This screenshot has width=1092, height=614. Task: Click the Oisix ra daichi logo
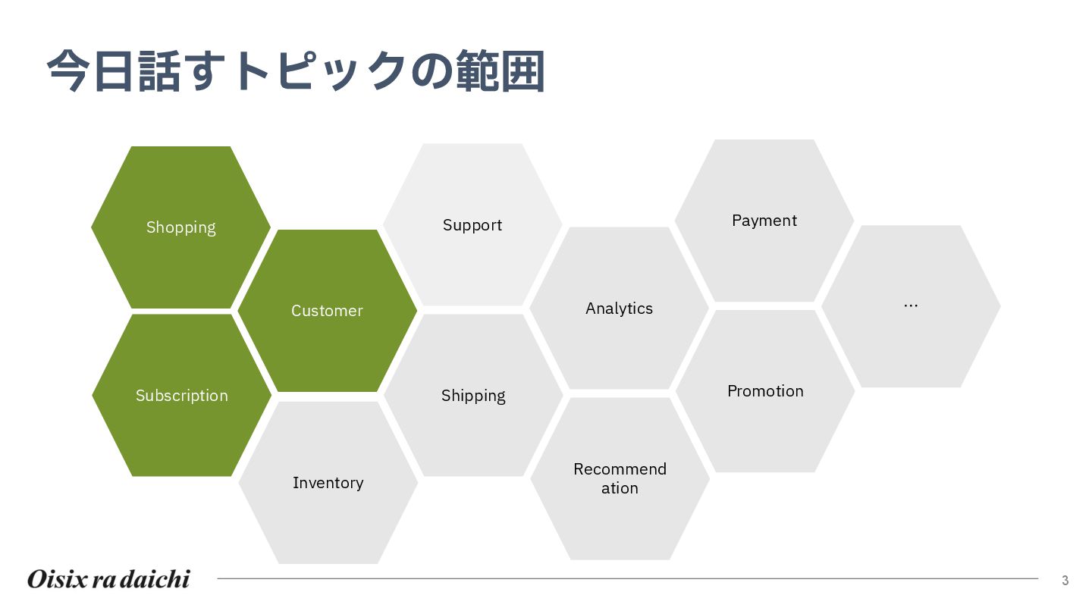pos(108,579)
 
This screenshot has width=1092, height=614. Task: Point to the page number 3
pos(1065,581)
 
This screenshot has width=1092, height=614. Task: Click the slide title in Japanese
pos(296,72)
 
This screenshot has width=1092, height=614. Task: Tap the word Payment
pos(764,221)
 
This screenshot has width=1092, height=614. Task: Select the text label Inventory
pos(328,483)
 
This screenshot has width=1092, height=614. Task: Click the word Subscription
pos(181,396)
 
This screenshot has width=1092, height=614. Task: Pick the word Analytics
pos(619,309)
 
